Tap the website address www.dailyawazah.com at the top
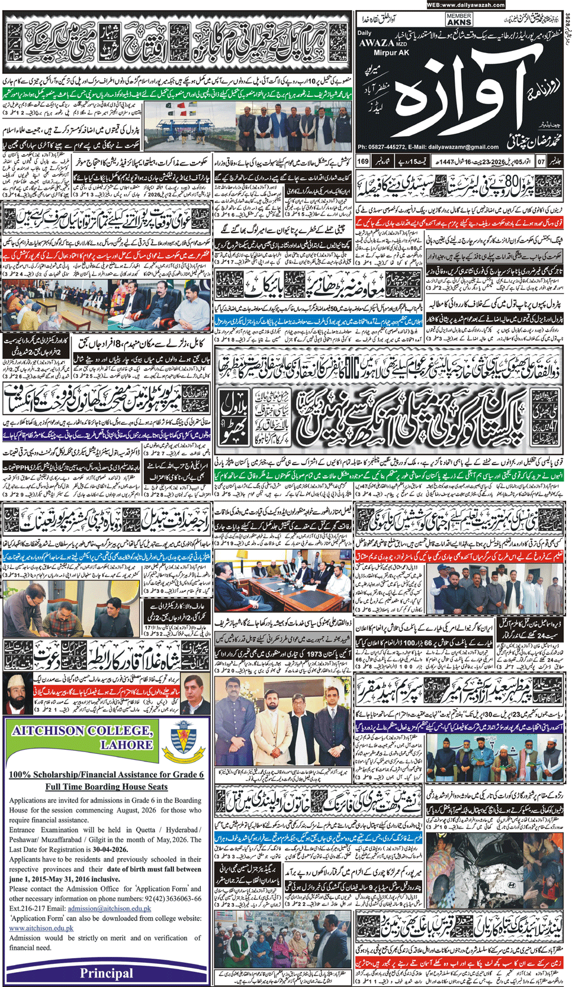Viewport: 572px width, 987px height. pyautogui.click(x=465, y=5)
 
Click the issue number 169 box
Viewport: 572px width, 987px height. pyautogui.click(x=363, y=161)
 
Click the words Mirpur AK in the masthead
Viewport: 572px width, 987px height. pyautogui.click(x=392, y=53)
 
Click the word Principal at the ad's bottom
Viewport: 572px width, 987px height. pyautogui.click(x=107, y=973)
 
